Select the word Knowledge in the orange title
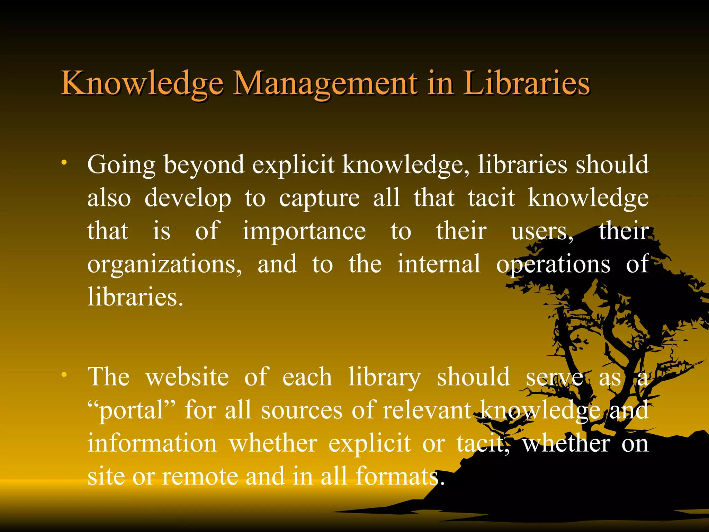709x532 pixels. click(142, 84)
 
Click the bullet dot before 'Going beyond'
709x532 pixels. click(64, 162)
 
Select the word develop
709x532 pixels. click(188, 198)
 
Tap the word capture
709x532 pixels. click(319, 198)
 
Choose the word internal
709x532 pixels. click(439, 264)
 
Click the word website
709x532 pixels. click(187, 377)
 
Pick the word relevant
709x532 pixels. click(427, 410)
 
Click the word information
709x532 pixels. click(152, 443)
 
